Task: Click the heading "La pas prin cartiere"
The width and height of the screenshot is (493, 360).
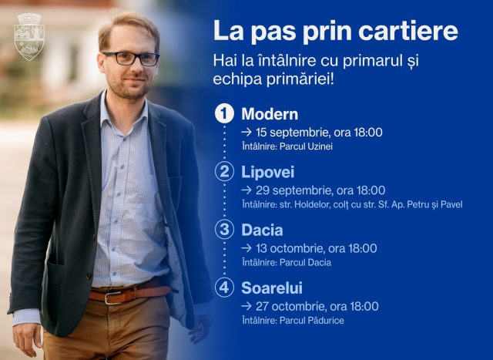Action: pyautogui.click(x=336, y=32)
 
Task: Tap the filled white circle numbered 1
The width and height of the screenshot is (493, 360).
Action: pyautogui.click(x=224, y=113)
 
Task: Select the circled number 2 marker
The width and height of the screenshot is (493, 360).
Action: pyautogui.click(x=224, y=171)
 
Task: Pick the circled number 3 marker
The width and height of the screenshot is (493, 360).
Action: pyautogui.click(x=224, y=230)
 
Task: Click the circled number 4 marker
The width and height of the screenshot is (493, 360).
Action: pyautogui.click(x=224, y=288)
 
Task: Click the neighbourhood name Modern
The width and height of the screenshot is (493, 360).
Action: pyautogui.click(x=270, y=114)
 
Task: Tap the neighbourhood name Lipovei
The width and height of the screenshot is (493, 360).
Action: pyautogui.click(x=268, y=173)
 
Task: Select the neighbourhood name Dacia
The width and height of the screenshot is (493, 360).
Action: pyautogui.click(x=262, y=230)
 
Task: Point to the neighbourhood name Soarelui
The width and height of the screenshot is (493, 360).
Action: pyautogui.click(x=272, y=288)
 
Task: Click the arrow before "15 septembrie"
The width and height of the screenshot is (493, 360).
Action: pyautogui.click(x=246, y=133)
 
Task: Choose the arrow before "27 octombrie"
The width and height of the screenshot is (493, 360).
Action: pyautogui.click(x=246, y=307)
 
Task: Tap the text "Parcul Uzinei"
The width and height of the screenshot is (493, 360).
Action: pyautogui.click(x=306, y=146)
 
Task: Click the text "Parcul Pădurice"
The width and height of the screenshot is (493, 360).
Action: pyautogui.click(x=311, y=321)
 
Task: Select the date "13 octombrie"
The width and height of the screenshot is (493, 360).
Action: pyautogui.click(x=290, y=248)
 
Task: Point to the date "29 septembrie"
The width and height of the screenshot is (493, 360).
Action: pyautogui.click(x=294, y=190)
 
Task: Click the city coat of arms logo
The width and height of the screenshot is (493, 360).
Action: pyautogui.click(x=29, y=36)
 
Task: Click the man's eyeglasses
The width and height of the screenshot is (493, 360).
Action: pyautogui.click(x=131, y=59)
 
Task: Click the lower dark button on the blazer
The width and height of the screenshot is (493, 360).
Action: pyautogui.click(x=89, y=276)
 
